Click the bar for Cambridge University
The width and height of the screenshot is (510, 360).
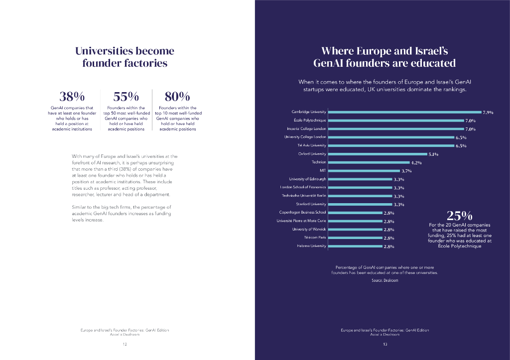click(404, 112)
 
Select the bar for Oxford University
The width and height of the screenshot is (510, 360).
click(378, 154)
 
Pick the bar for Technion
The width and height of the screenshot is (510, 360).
click(369, 162)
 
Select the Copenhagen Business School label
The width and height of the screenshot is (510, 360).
click(302, 212)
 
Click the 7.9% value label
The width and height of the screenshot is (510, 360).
click(488, 113)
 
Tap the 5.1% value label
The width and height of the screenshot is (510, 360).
click(433, 154)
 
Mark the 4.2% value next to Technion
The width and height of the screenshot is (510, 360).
click(416, 163)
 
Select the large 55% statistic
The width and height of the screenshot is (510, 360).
click(126, 96)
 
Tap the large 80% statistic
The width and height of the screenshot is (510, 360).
click(177, 96)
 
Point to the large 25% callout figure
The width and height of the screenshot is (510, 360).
click(460, 216)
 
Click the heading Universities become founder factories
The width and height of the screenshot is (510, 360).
click(125, 57)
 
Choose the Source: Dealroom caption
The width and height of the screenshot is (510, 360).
click(385, 281)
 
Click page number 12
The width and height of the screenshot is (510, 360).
click(125, 345)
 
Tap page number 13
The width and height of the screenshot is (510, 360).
click(385, 345)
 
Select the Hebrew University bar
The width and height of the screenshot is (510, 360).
click(355, 246)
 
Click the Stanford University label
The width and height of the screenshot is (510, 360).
click(311, 204)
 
